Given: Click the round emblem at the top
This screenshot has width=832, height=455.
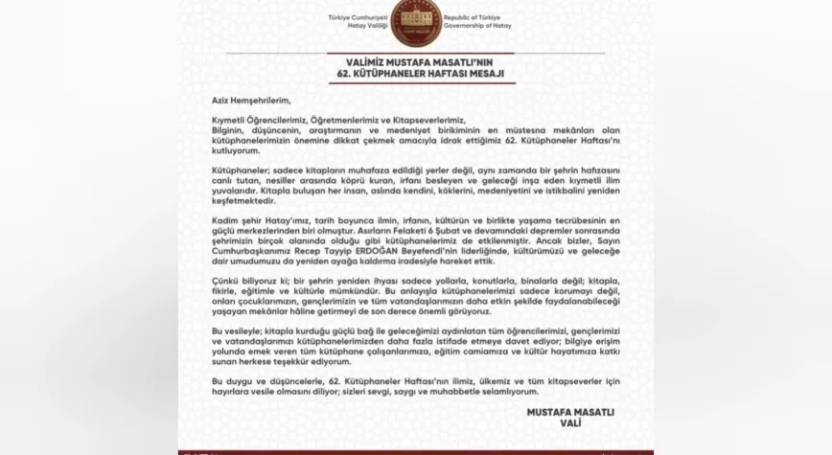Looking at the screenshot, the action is click(x=416, y=22).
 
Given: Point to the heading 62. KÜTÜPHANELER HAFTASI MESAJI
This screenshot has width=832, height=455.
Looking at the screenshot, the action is click(x=416, y=74).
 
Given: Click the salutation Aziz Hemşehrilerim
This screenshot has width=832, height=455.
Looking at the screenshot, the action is click(x=250, y=100).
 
